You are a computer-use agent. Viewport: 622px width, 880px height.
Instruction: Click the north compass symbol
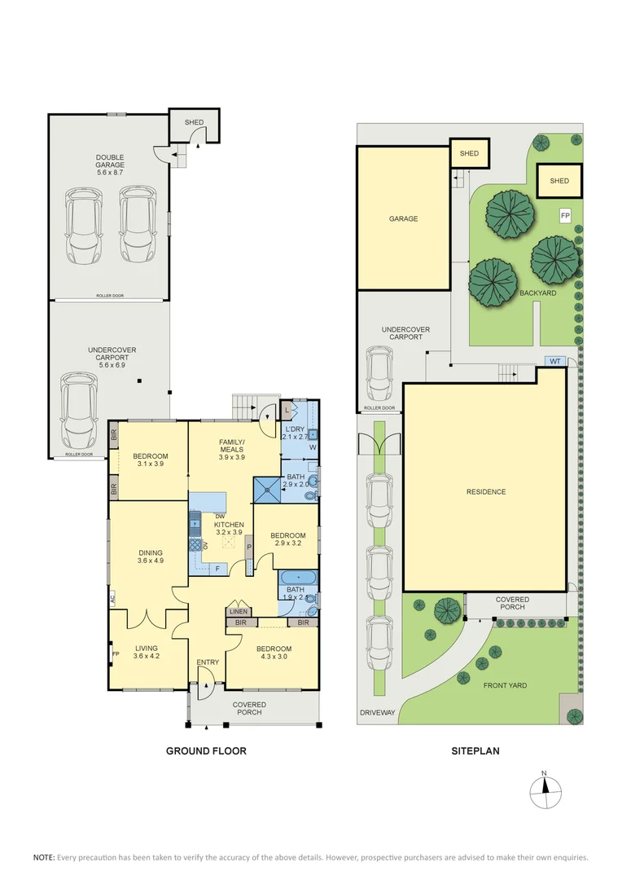(545, 792)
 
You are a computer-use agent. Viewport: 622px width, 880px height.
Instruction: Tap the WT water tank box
(554, 361)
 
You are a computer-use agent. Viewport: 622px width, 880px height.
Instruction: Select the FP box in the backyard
(565, 215)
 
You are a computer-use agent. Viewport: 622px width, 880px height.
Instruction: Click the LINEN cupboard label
(239, 612)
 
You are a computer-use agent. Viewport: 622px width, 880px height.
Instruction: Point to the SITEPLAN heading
(475, 750)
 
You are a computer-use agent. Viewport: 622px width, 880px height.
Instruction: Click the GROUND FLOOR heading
(206, 750)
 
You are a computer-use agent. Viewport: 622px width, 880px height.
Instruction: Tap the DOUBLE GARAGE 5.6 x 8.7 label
(110, 165)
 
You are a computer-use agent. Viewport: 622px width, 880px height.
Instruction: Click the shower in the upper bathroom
(267, 490)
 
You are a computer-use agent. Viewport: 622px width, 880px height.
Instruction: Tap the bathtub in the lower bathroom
(298, 577)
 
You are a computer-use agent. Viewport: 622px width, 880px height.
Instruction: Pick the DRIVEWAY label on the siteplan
(378, 713)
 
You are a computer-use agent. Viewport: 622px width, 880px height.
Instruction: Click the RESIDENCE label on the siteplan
(486, 491)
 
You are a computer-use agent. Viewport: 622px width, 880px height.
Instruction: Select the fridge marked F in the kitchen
(218, 569)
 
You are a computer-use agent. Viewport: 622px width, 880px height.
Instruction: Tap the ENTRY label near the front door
(208, 662)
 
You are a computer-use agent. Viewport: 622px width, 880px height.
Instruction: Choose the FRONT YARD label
(505, 685)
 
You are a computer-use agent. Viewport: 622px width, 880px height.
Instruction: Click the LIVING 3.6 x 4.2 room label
(147, 652)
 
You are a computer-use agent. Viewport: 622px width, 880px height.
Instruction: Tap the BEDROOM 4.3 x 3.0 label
(274, 653)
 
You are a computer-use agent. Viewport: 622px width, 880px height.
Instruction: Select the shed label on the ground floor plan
(194, 122)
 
